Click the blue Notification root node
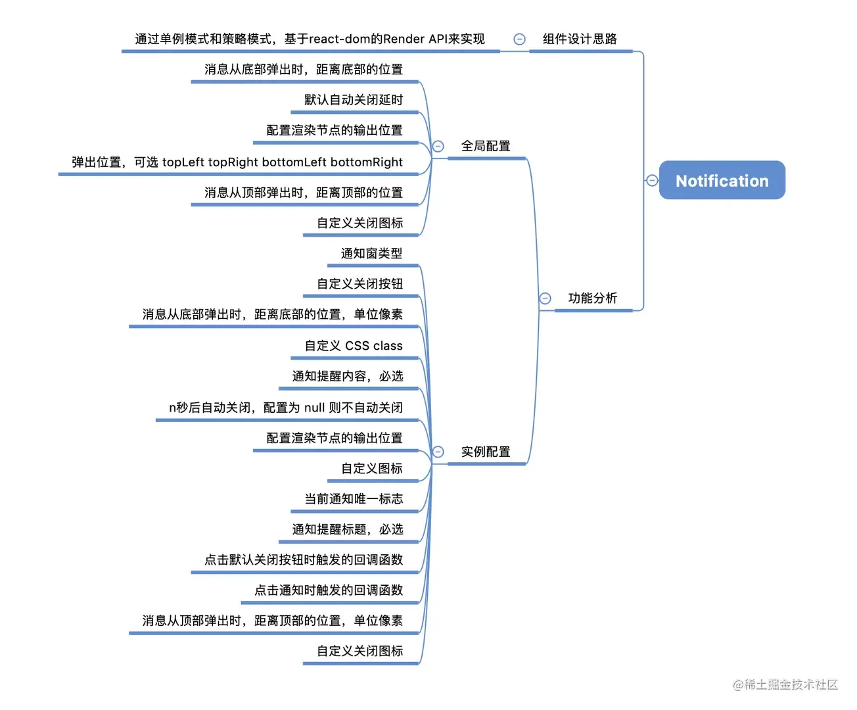722,180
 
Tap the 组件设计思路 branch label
579,39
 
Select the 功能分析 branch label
592,298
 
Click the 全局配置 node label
486,146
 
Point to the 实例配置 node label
486,452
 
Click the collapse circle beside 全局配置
438,146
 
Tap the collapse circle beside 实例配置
438,452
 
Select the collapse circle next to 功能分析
545,298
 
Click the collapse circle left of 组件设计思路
519,39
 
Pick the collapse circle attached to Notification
652,180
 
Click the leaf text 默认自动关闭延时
354,100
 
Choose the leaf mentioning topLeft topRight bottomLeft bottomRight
237,162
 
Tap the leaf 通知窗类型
371,253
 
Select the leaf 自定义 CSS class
354,346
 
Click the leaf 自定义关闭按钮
359,284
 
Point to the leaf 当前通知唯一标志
354,499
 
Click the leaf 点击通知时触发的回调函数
329,590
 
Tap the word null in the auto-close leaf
314,408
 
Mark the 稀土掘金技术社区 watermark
785,684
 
